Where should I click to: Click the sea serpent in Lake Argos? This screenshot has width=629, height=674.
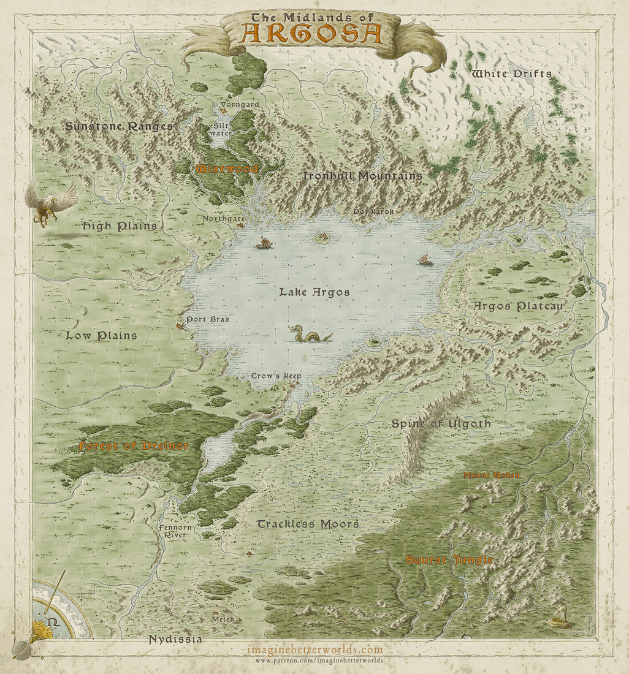[x=308, y=335]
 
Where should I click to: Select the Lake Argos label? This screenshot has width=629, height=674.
[x=314, y=292]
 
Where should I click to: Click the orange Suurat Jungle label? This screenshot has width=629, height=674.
[x=449, y=560]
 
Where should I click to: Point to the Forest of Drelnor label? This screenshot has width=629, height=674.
[x=133, y=446]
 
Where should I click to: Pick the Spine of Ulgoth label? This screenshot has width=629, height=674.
[x=441, y=424]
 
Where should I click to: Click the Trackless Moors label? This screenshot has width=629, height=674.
[x=307, y=524]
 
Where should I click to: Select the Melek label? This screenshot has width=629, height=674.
[x=224, y=619]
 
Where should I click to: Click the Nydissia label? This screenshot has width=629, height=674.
[x=175, y=640]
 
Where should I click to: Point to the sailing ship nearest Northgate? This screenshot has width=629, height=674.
[x=264, y=243]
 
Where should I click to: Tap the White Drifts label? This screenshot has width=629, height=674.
[x=511, y=74]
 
